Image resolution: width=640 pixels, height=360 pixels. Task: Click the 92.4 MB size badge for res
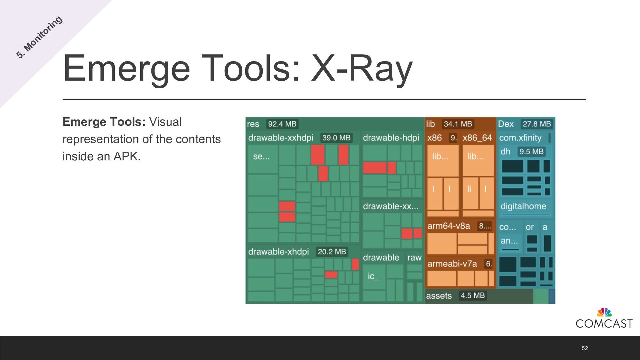tap(282, 124)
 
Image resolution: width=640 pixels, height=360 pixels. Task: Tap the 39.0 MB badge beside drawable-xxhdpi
tap(336, 138)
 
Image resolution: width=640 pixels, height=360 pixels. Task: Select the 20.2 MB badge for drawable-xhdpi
tap(332, 252)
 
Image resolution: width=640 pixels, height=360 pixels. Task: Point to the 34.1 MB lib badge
tap(458, 124)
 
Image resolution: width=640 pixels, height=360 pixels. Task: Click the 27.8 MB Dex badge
tap(536, 124)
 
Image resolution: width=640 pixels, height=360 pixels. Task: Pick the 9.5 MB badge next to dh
tap(531, 152)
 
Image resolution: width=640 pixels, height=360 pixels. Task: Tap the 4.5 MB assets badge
tap(472, 296)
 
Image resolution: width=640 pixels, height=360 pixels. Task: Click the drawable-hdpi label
tap(391, 138)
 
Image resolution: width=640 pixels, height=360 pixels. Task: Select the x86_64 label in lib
tap(477, 138)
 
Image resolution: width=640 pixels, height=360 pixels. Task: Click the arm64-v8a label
tap(449, 226)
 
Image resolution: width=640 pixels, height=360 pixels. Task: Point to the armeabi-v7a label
tap(452, 264)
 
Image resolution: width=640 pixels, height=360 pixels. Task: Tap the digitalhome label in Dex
tap(523, 206)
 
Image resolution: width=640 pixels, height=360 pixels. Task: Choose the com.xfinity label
tap(520, 138)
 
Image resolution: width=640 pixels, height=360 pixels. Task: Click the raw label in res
tap(414, 258)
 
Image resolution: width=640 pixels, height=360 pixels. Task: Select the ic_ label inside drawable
tap(373, 276)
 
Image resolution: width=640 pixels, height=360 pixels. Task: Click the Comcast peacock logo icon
tap(604, 312)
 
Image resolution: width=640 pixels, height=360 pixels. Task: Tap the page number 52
tap(585, 348)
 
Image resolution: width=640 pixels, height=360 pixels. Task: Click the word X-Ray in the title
tap(362, 68)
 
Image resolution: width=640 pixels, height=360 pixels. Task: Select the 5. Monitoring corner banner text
tap(39, 37)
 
